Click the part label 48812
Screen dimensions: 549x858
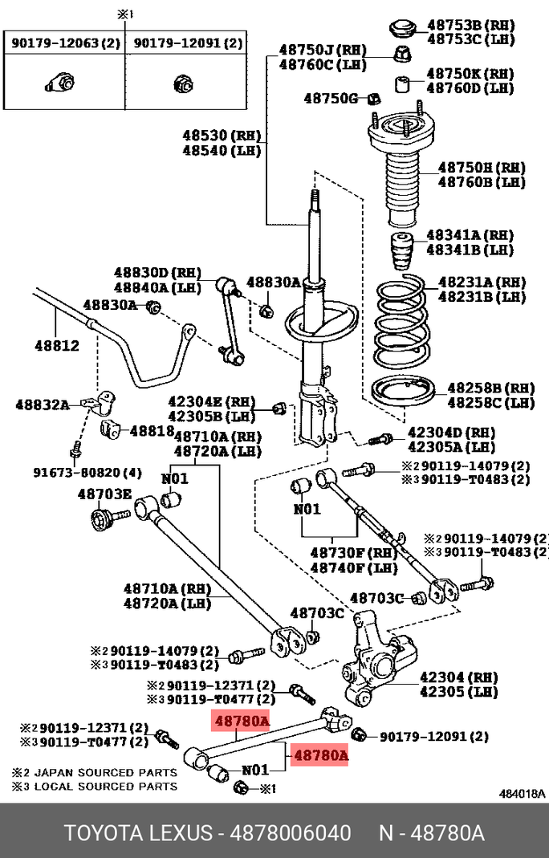57,345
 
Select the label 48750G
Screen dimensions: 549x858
331,99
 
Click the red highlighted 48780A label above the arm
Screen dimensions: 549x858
242,722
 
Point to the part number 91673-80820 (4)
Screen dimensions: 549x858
87,472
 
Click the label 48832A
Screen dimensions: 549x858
43,405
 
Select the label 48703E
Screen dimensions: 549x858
104,494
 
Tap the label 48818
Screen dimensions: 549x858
152,431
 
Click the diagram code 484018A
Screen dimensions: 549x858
522,794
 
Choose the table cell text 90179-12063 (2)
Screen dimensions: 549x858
65,43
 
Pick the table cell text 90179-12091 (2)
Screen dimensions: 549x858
188,43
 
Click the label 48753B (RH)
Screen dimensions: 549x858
470,25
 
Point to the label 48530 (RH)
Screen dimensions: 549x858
222,135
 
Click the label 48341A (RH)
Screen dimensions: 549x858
470,235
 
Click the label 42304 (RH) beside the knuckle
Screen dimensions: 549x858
459,677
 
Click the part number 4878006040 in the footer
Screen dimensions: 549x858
291,833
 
